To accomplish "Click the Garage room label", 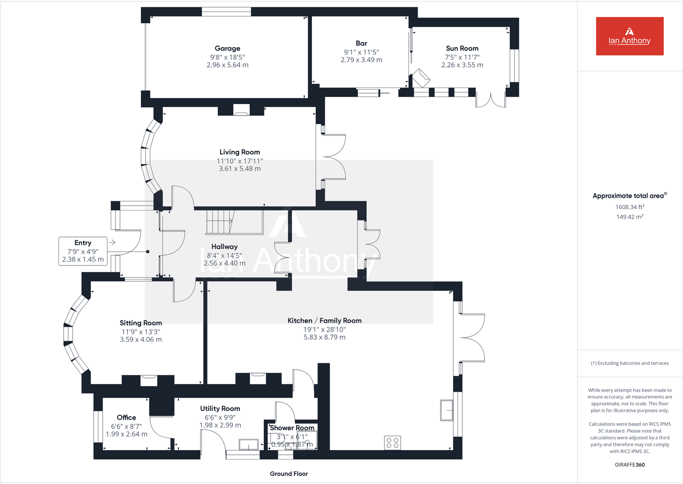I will pos(227,49).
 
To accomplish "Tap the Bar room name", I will pos(361,43).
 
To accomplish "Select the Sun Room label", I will pos(462,49).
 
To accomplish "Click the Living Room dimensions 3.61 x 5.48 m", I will pos(240,169).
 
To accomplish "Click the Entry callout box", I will pos(83,251).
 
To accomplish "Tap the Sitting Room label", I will pos(140,323).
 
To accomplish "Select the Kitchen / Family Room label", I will pos(324,321).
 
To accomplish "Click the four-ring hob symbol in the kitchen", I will pos(393,443).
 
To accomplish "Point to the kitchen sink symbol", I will pos(447,410).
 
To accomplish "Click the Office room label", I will pos(126,417).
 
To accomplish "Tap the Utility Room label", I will pos(220,409).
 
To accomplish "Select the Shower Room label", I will pos(292,428).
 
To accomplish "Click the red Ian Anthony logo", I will pos(629,36).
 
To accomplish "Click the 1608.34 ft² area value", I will pos(629,207).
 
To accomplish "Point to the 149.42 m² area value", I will pos(629,217).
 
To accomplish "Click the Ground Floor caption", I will pos(289,474).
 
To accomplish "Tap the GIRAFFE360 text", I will pos(629,465).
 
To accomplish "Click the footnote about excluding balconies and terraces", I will pos(629,363).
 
